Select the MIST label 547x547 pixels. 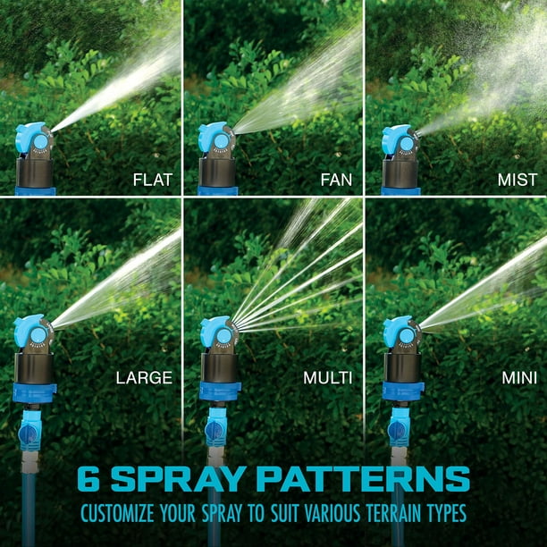[x=517, y=180]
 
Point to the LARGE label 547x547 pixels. [x=143, y=378]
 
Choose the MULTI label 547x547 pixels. [x=328, y=378]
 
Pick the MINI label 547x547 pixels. [x=518, y=378]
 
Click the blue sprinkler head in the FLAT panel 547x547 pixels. [x=33, y=139]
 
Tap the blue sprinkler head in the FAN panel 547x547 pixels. [x=215, y=139]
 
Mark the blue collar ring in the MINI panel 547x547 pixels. [x=402, y=391]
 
